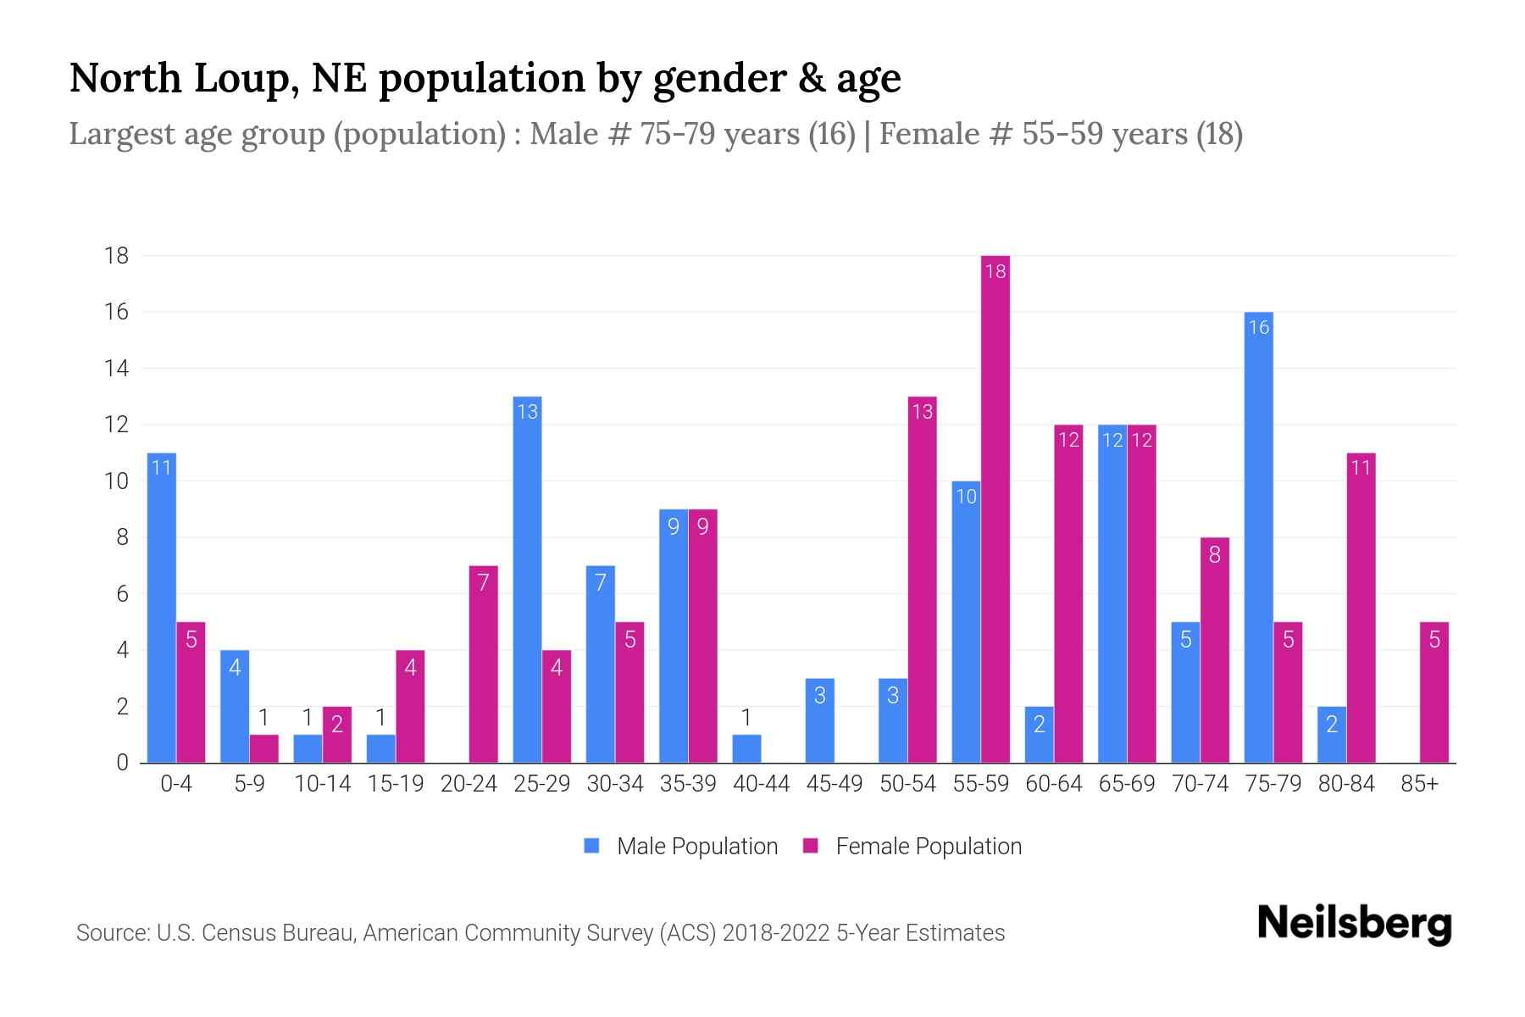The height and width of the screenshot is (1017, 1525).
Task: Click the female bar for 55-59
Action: (x=995, y=508)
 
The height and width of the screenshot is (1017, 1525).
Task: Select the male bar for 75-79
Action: (x=1259, y=537)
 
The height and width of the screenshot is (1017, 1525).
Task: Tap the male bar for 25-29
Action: (x=527, y=580)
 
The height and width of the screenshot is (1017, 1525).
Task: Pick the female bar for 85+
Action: (x=1434, y=692)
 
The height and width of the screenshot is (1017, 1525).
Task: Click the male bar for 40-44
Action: (x=746, y=749)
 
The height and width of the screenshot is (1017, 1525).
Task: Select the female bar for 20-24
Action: (x=483, y=664)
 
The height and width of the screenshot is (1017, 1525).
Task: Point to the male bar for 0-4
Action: (x=162, y=608)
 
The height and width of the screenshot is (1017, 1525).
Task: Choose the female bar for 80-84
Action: (x=1361, y=608)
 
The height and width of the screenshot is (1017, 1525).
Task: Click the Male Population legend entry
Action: (x=681, y=846)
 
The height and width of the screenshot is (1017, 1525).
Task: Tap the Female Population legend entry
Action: (x=912, y=846)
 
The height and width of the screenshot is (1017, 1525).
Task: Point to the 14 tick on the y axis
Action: (x=116, y=369)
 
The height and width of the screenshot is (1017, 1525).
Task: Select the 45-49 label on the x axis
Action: (x=835, y=784)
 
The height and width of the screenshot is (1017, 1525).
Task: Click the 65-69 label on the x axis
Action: (x=1127, y=784)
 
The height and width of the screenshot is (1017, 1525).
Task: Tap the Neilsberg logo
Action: (x=1354, y=923)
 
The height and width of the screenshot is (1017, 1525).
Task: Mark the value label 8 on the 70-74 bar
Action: (x=1215, y=556)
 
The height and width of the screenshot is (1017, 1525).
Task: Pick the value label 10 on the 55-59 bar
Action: (x=966, y=497)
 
